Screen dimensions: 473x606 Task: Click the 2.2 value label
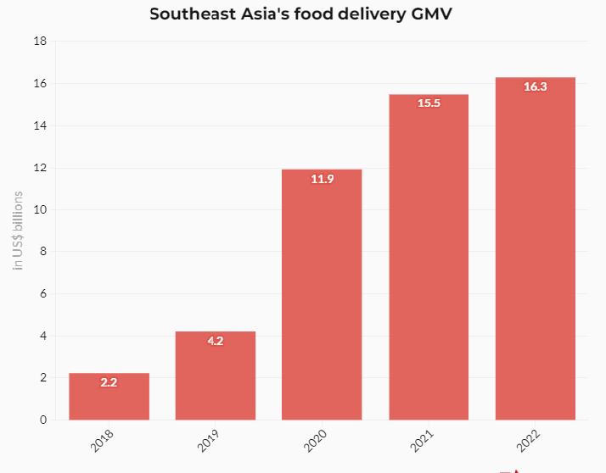(109, 382)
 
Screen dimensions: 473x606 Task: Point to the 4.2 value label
(216, 341)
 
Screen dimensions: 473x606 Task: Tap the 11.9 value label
(323, 179)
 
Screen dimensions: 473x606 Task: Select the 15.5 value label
(429, 103)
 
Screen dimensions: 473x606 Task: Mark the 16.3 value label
(536, 86)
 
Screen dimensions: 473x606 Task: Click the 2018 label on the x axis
(102, 440)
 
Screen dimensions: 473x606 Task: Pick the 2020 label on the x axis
(315, 440)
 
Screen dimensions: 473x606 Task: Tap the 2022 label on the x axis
(528, 440)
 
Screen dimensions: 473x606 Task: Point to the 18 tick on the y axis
(40, 42)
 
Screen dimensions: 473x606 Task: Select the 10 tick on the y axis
(40, 209)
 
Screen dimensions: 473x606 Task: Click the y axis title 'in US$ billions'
(18, 231)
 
